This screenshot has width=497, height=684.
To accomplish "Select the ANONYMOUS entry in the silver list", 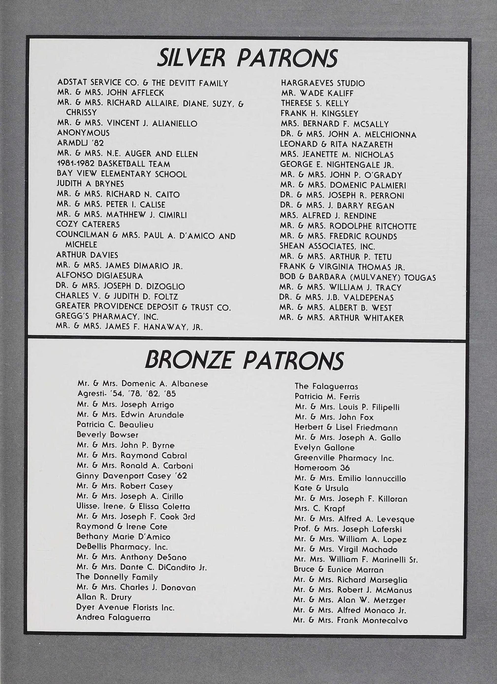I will (x=83, y=133).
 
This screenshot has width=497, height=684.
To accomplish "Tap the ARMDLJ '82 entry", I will (x=80, y=143).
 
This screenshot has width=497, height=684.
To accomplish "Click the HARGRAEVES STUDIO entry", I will (x=323, y=83).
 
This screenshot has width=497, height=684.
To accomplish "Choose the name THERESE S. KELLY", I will (x=315, y=103).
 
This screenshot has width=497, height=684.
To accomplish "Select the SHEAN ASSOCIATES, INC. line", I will (x=327, y=246).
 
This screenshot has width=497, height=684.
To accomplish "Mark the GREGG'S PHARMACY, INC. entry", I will (x=107, y=317).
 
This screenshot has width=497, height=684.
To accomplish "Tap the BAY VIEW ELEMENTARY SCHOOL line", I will (x=122, y=174).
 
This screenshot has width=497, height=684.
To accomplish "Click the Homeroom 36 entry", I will (x=322, y=468).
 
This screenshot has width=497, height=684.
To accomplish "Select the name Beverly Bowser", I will (x=107, y=435).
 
